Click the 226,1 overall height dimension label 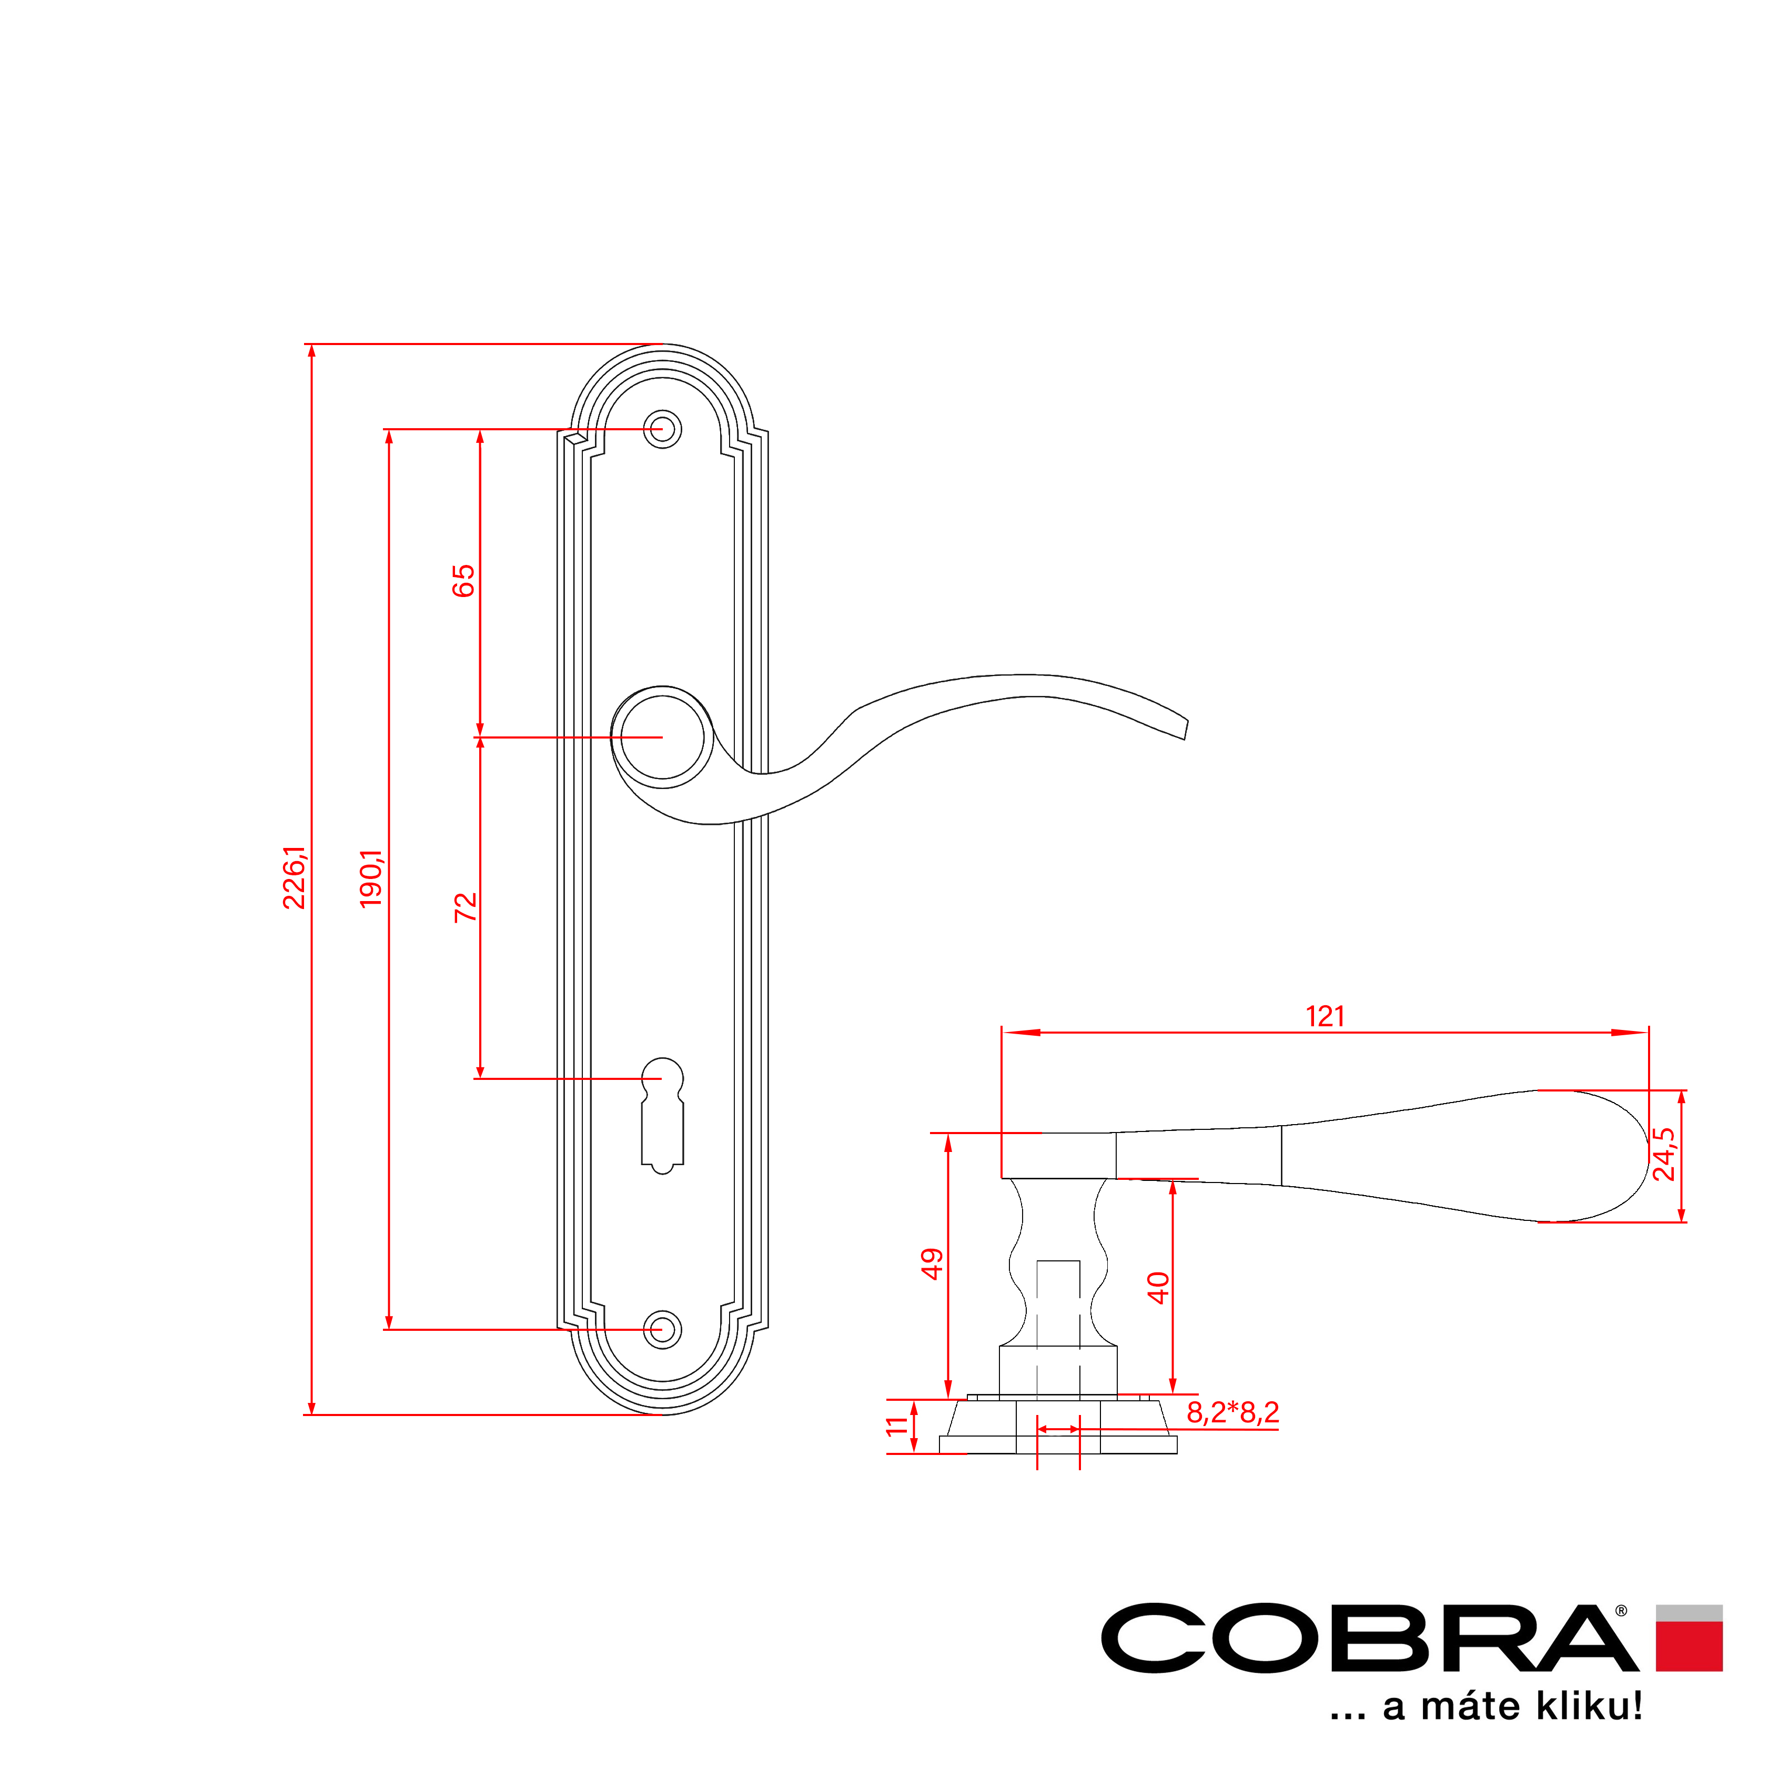295,877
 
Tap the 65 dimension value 463,580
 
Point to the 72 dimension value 465,906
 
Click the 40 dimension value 1158,1288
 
